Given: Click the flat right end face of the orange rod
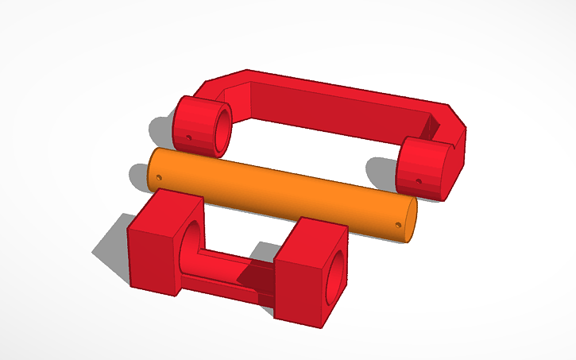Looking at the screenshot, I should tap(411, 219).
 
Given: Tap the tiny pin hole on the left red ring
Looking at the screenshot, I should tap(191, 136).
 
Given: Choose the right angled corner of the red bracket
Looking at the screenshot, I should tap(453, 119).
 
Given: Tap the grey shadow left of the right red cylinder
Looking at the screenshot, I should tap(381, 171).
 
